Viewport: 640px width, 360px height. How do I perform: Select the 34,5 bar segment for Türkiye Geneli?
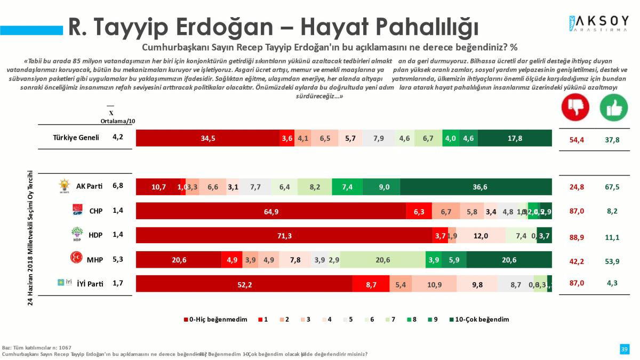click(208, 138)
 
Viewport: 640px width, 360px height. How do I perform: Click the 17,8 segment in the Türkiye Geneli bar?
click(515, 138)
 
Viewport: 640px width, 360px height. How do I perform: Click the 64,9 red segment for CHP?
click(271, 211)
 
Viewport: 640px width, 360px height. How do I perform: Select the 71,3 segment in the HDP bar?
click(284, 236)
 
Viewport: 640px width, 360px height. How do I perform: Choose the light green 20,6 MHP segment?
click(382, 260)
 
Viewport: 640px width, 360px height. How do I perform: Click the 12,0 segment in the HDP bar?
click(481, 236)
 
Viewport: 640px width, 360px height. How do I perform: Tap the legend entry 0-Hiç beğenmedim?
click(216, 319)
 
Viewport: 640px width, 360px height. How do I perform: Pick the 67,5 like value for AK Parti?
click(612, 187)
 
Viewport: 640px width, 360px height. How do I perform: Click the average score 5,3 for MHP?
click(118, 259)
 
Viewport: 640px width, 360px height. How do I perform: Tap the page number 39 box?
click(624, 349)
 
